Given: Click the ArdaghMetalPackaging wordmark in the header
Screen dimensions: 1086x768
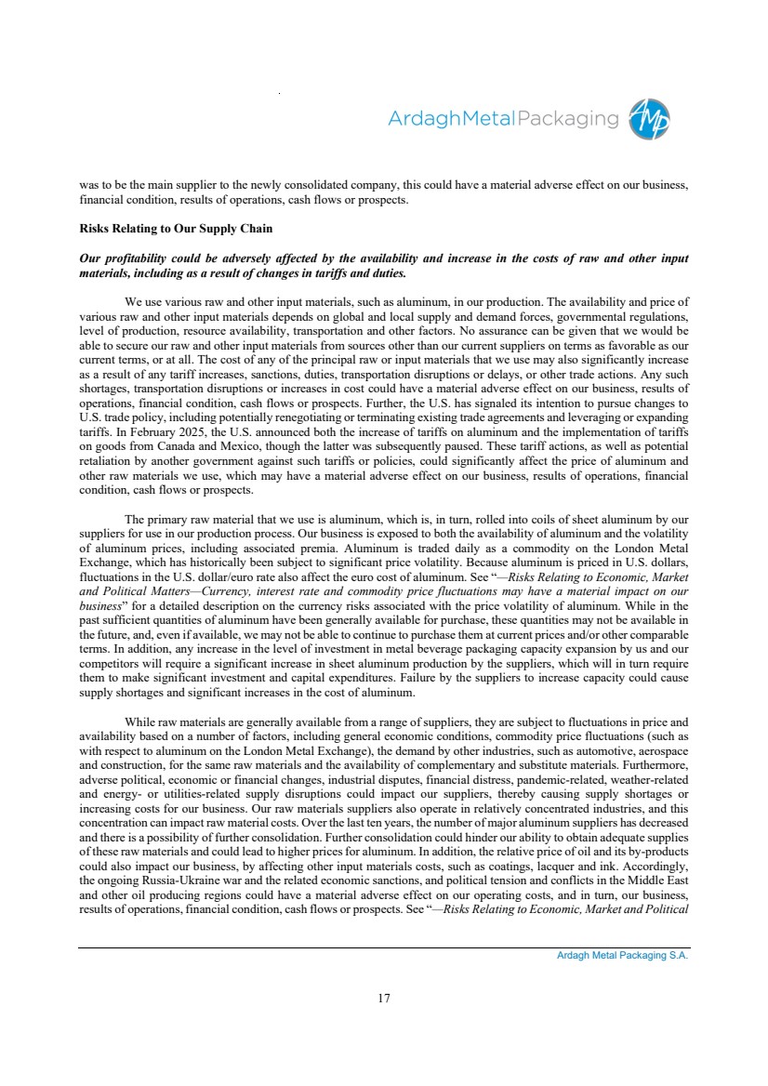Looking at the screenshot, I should tap(503, 119).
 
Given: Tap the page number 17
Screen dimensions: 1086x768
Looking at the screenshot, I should tap(384, 999).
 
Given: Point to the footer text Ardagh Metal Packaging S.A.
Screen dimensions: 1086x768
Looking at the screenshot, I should tap(622, 955).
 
